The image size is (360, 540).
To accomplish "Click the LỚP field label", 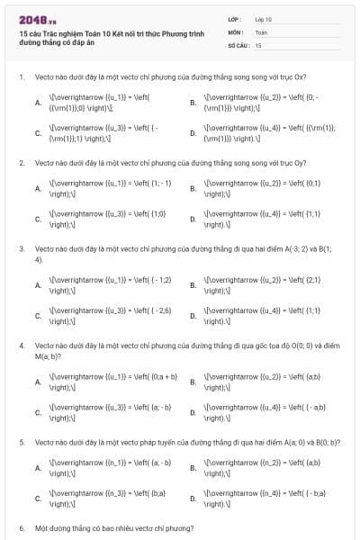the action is click(235, 19).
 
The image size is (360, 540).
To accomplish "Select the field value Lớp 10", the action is click(264, 19).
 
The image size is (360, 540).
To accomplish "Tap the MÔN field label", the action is click(235, 31).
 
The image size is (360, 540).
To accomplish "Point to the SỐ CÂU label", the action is click(238, 44).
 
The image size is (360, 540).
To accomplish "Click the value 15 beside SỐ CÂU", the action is click(258, 44).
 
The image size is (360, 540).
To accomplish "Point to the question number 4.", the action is click(21, 345).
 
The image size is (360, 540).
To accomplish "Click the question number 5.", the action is click(21, 442).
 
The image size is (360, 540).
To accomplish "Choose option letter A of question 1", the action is click(38, 103).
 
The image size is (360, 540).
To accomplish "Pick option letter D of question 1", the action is click(193, 134).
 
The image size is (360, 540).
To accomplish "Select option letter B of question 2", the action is click(193, 189).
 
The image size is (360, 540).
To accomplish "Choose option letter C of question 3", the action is click(38, 316).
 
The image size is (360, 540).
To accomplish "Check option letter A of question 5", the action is click(38, 468).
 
